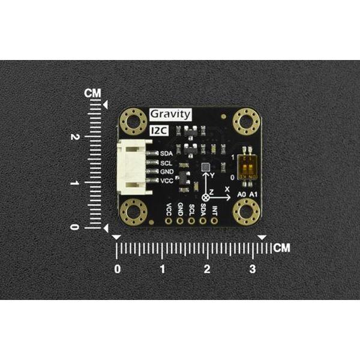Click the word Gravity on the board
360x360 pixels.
point(170,114)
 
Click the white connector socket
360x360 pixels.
point(134,167)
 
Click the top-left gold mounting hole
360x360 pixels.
point(133,122)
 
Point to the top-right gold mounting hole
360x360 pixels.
point(246,122)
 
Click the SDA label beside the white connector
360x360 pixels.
point(166,154)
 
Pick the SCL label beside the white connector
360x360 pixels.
point(166,163)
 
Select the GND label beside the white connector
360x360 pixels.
point(167,172)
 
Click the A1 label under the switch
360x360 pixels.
point(253,195)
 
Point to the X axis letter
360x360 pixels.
point(227,188)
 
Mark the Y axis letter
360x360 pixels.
point(212,175)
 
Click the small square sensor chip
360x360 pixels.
point(206,167)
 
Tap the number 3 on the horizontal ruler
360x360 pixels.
point(253,269)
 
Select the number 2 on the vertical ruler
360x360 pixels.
point(92,137)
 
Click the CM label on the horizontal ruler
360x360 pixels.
point(281,247)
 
